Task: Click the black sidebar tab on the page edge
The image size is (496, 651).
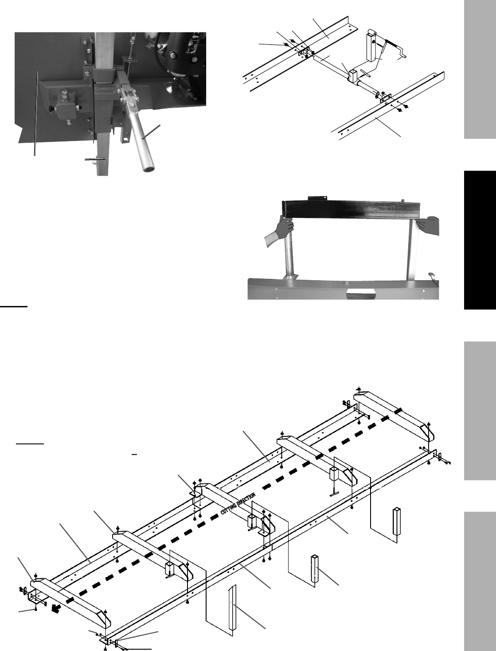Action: click(x=480, y=240)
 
